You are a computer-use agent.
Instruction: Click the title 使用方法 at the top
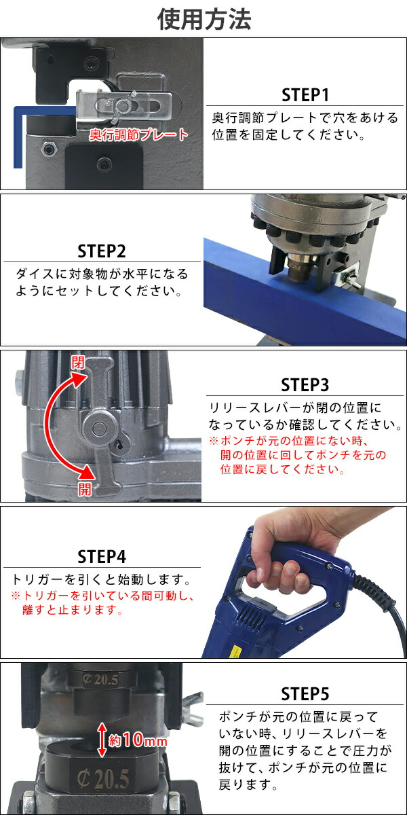pos(203,19)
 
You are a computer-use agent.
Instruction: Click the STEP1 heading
pos(305,94)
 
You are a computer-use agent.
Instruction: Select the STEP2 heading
pos(102,251)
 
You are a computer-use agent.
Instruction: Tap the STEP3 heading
pos(305,384)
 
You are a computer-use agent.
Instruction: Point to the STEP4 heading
pos(102,556)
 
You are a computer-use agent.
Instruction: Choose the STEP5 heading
pos(305,693)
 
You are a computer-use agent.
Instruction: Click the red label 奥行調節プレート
pos(139,134)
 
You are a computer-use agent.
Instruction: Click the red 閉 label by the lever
pos(79,362)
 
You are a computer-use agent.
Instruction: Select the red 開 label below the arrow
pos(84,490)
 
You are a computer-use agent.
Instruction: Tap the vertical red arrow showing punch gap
pos(102,740)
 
